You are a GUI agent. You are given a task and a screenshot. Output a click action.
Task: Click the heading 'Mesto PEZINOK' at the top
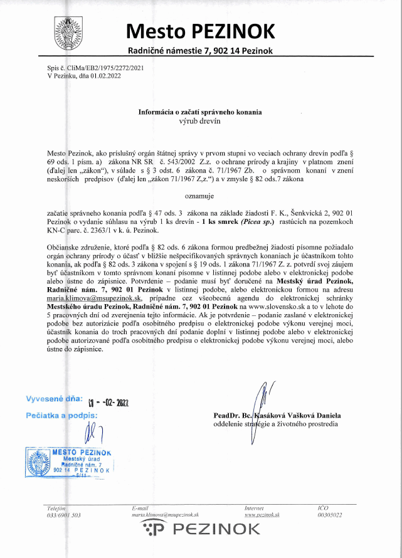(x=201, y=30)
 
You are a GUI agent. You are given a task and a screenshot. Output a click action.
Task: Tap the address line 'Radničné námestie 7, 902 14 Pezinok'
(x=201, y=50)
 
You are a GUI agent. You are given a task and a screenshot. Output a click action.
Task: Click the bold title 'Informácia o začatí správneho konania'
(x=200, y=112)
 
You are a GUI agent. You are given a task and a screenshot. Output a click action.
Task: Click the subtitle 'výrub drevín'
(x=201, y=120)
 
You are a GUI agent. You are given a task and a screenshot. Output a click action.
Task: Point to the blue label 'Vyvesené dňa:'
(x=54, y=398)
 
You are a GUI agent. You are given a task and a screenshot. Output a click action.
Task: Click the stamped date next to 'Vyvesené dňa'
(x=108, y=402)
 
